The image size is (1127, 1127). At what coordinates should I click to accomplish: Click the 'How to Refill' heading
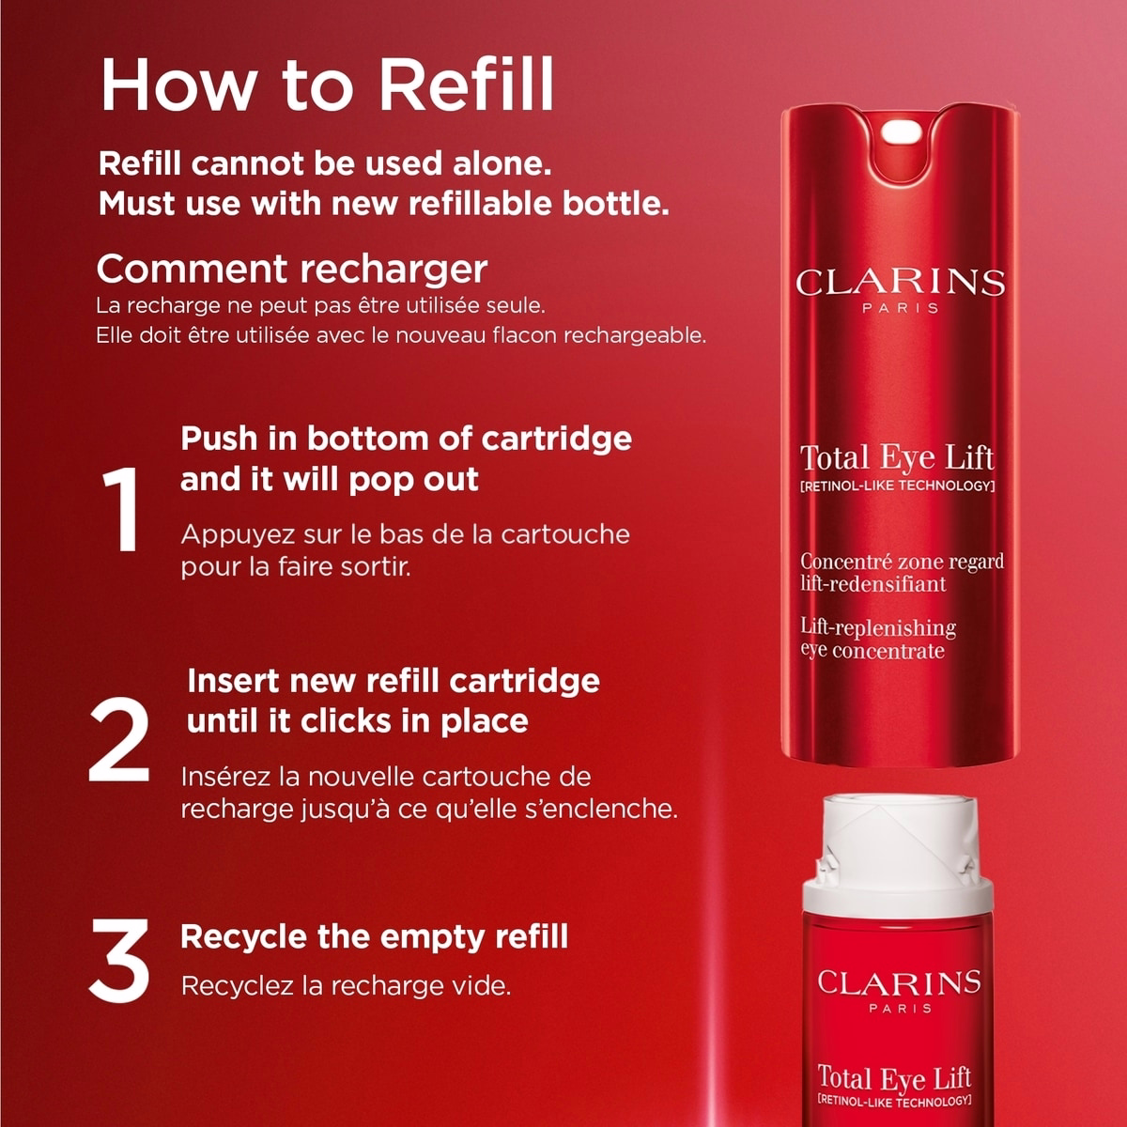tap(327, 85)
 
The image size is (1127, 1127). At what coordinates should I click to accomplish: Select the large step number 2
tap(119, 739)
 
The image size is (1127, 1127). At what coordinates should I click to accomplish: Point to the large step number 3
tap(119, 961)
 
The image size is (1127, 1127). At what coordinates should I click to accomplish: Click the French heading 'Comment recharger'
tap(292, 269)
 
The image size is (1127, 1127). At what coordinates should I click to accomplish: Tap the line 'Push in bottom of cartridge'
tap(406, 439)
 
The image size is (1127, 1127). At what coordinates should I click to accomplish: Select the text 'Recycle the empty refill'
tap(375, 936)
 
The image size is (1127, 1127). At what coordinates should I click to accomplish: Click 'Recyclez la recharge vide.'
tap(347, 986)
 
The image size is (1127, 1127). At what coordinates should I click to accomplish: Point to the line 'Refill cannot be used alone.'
tap(325, 163)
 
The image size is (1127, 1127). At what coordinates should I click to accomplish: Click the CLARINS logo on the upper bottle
tap(900, 283)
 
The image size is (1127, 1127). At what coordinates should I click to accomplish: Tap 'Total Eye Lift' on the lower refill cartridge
tap(894, 1077)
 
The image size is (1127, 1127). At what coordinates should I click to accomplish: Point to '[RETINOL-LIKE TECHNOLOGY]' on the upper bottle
tap(897, 486)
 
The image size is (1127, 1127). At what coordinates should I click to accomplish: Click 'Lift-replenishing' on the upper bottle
tap(878, 627)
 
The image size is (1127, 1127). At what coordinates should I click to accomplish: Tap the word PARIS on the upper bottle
tap(901, 308)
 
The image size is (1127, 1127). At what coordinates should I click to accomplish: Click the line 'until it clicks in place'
tap(357, 720)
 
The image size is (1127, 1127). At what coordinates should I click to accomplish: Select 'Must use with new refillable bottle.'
tap(384, 203)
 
